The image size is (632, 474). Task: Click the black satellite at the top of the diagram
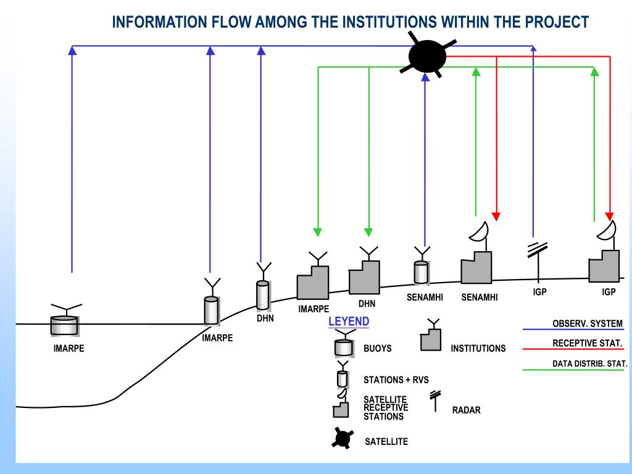tap(427, 57)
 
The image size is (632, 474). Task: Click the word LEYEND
tap(349, 322)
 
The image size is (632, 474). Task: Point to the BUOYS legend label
tap(378, 349)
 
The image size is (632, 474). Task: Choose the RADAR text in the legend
tap(467, 410)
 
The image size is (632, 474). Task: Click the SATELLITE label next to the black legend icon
tap(386, 442)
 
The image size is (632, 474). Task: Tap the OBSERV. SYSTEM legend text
tap(588, 324)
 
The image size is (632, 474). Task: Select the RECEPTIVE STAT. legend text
tap(588, 344)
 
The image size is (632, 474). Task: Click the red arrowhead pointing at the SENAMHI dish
tap(496, 217)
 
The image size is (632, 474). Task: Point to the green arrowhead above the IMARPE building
tap(318, 232)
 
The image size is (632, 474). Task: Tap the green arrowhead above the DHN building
tap(368, 232)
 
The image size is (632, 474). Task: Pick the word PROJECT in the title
tap(557, 23)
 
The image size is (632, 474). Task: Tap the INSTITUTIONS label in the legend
tap(478, 349)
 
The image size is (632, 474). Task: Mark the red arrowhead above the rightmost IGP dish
tap(610, 217)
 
